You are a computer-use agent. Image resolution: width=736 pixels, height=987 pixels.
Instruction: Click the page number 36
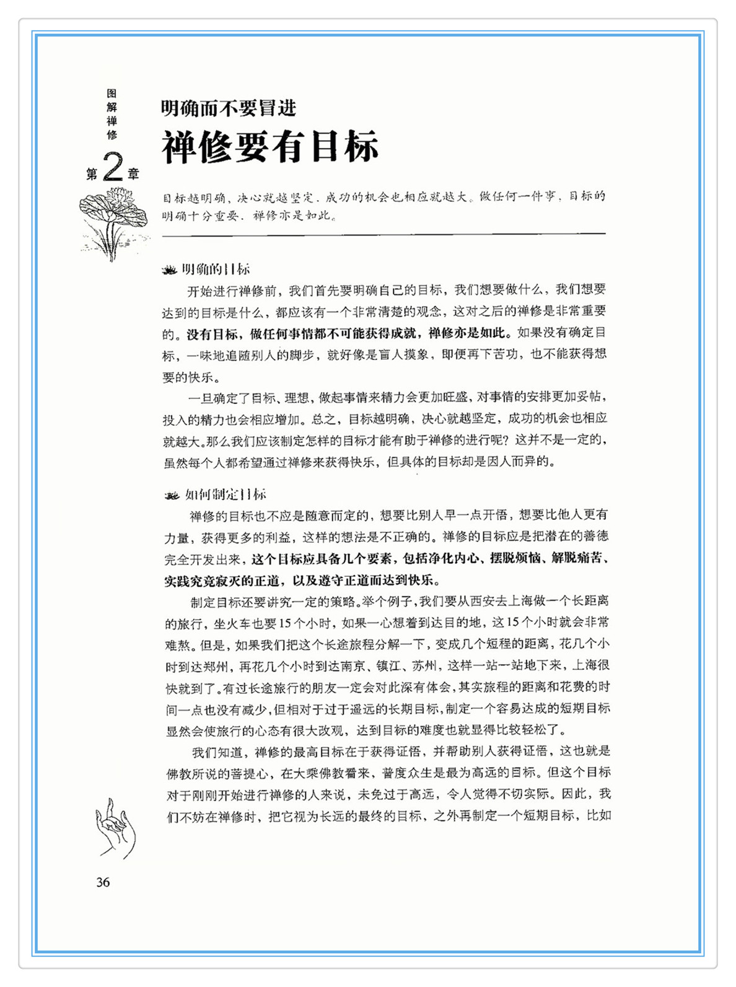point(103,882)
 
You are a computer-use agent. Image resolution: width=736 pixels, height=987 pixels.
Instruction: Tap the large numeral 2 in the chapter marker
point(113,167)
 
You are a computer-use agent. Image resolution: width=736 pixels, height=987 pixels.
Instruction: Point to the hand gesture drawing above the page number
point(115,828)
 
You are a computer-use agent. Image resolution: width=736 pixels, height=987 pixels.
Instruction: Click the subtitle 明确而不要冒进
point(229,108)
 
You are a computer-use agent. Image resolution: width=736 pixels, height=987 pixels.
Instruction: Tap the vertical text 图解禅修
point(112,114)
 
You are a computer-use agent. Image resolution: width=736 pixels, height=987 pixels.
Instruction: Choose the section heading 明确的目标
point(216,270)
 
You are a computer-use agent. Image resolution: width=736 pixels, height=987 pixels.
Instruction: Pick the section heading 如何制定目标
point(226,494)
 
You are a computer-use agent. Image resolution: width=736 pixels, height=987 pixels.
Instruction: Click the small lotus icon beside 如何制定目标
point(172,495)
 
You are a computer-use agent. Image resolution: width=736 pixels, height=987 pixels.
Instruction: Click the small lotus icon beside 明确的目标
point(169,270)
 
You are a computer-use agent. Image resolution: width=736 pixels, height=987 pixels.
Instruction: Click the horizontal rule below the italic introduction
point(383,234)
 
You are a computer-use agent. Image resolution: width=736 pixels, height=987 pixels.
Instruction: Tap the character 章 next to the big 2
point(134,174)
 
